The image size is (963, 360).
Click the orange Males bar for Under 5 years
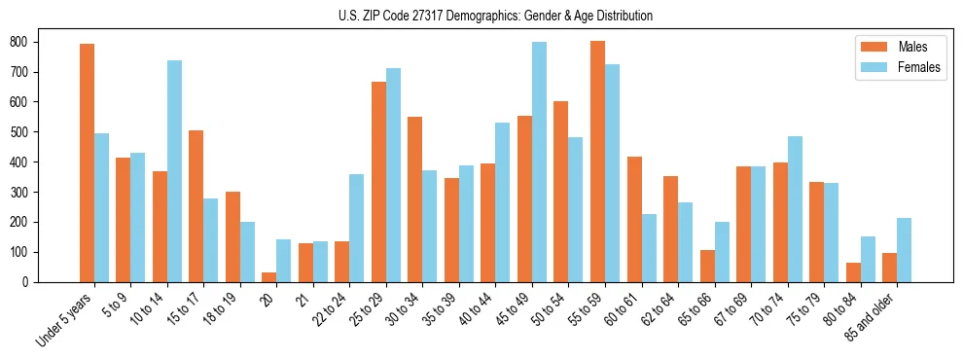[88, 162]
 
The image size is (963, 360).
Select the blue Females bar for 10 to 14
[175, 171]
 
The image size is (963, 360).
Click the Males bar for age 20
[269, 277]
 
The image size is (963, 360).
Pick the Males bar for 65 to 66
[707, 266]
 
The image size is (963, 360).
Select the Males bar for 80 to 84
[853, 272]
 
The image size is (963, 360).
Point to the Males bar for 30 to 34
[415, 199]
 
